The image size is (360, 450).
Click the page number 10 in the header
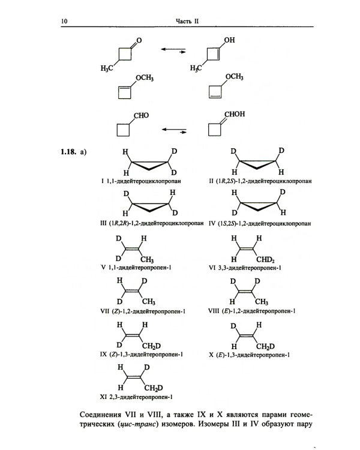(x=64, y=21)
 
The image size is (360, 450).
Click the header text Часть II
(x=187, y=21)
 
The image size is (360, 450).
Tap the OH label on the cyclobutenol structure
(x=229, y=40)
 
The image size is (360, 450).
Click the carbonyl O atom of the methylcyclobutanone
(x=139, y=40)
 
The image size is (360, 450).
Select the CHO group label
(x=141, y=115)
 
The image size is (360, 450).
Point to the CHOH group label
(x=235, y=114)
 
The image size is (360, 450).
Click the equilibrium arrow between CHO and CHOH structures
(x=174, y=131)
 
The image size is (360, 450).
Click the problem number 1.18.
(x=68, y=152)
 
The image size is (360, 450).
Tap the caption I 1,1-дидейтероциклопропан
(x=141, y=181)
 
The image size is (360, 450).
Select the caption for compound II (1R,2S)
(x=260, y=181)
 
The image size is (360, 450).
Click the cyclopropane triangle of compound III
(x=150, y=206)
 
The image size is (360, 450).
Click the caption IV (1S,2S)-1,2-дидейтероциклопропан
(x=260, y=223)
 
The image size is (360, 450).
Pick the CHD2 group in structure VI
(x=265, y=260)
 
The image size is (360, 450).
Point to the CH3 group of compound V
(x=147, y=260)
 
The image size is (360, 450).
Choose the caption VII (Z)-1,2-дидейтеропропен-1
(x=143, y=311)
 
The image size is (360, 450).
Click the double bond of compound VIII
(x=245, y=292)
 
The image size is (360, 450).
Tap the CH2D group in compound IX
(x=151, y=346)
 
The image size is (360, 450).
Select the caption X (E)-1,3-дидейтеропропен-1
(x=249, y=355)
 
